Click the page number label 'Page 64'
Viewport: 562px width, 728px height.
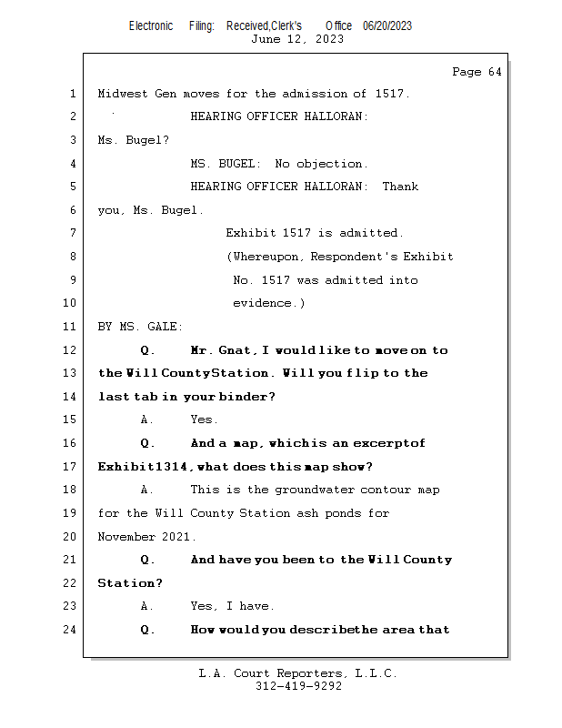click(x=477, y=72)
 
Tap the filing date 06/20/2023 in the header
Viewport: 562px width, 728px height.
click(x=386, y=25)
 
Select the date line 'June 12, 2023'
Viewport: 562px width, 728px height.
click(x=297, y=38)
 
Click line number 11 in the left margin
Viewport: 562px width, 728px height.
click(x=71, y=327)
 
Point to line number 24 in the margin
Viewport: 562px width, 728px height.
click(x=71, y=630)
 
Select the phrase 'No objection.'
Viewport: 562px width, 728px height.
click(x=321, y=164)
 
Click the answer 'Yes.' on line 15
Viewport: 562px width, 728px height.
click(x=204, y=420)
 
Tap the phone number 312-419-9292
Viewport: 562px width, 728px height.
click(x=297, y=686)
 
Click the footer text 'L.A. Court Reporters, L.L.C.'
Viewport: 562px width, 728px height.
click(x=297, y=673)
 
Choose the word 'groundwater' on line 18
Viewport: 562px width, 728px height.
click(x=299, y=490)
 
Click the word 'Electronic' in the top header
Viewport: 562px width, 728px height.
click(x=151, y=25)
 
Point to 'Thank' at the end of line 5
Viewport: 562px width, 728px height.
click(x=400, y=187)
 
